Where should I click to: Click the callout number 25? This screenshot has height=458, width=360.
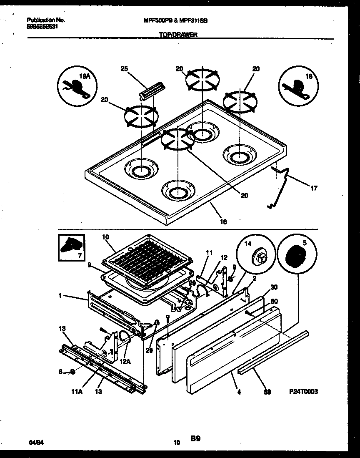click(x=123, y=69)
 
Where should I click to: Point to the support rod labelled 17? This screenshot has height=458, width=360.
click(x=283, y=184)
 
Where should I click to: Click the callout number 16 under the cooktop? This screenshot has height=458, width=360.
click(x=224, y=221)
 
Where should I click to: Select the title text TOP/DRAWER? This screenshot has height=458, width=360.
click(x=178, y=36)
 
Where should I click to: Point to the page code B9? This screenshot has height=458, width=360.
click(x=195, y=438)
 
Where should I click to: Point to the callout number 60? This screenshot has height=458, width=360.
click(x=274, y=301)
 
